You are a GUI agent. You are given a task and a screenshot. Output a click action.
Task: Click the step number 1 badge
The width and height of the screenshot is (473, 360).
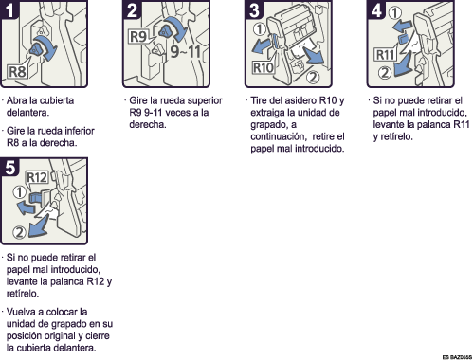click(9, 9)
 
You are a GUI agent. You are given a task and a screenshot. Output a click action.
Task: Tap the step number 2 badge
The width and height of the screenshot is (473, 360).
click(132, 9)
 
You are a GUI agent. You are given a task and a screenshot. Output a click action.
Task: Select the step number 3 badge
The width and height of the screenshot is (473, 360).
click(254, 9)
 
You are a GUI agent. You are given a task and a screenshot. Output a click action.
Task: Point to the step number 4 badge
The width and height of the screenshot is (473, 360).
click(376, 9)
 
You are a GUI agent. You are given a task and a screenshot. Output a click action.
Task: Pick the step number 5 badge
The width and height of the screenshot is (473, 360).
click(9, 167)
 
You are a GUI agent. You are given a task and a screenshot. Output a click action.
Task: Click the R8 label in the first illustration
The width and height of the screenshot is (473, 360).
click(17, 72)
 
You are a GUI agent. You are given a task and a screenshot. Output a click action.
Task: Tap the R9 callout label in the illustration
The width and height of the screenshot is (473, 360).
click(138, 37)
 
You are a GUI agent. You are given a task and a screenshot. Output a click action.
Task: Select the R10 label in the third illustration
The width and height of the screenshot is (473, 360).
click(263, 68)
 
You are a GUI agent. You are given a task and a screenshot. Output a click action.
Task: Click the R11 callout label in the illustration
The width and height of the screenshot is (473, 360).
click(385, 55)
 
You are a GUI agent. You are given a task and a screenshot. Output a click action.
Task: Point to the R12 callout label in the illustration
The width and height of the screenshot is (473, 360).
click(37, 177)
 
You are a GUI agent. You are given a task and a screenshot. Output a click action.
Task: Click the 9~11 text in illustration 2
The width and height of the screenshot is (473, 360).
click(186, 51)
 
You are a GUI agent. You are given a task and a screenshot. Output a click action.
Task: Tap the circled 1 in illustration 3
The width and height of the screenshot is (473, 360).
click(260, 29)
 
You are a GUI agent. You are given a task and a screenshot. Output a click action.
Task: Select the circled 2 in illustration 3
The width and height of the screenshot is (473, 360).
click(313, 77)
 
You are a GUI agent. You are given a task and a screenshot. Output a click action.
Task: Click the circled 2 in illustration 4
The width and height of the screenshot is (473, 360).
click(385, 73)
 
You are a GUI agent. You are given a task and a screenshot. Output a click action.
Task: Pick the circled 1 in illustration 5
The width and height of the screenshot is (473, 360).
click(20, 192)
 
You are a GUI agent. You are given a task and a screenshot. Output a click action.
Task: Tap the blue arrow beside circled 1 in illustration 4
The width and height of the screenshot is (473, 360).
click(402, 27)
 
